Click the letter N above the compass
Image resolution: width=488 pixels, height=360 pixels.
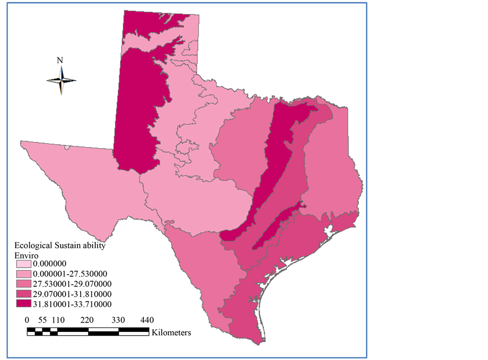(x=60, y=61)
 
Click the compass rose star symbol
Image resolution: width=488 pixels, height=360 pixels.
(x=61, y=81)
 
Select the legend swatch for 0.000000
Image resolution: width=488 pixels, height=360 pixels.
(x=24, y=263)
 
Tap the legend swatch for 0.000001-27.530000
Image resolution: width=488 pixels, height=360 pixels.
(x=24, y=274)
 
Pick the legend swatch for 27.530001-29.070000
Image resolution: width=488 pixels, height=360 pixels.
(x=24, y=284)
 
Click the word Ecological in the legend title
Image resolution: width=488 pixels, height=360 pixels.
(x=32, y=245)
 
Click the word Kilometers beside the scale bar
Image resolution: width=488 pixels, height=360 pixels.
(x=171, y=332)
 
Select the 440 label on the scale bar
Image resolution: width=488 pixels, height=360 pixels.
(x=147, y=319)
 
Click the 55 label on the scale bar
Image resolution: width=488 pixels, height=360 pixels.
(x=42, y=319)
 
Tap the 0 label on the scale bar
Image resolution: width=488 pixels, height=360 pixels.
(x=28, y=319)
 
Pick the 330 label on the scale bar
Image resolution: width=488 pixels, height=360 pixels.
(x=118, y=319)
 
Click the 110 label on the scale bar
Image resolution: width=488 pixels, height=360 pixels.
(x=58, y=319)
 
